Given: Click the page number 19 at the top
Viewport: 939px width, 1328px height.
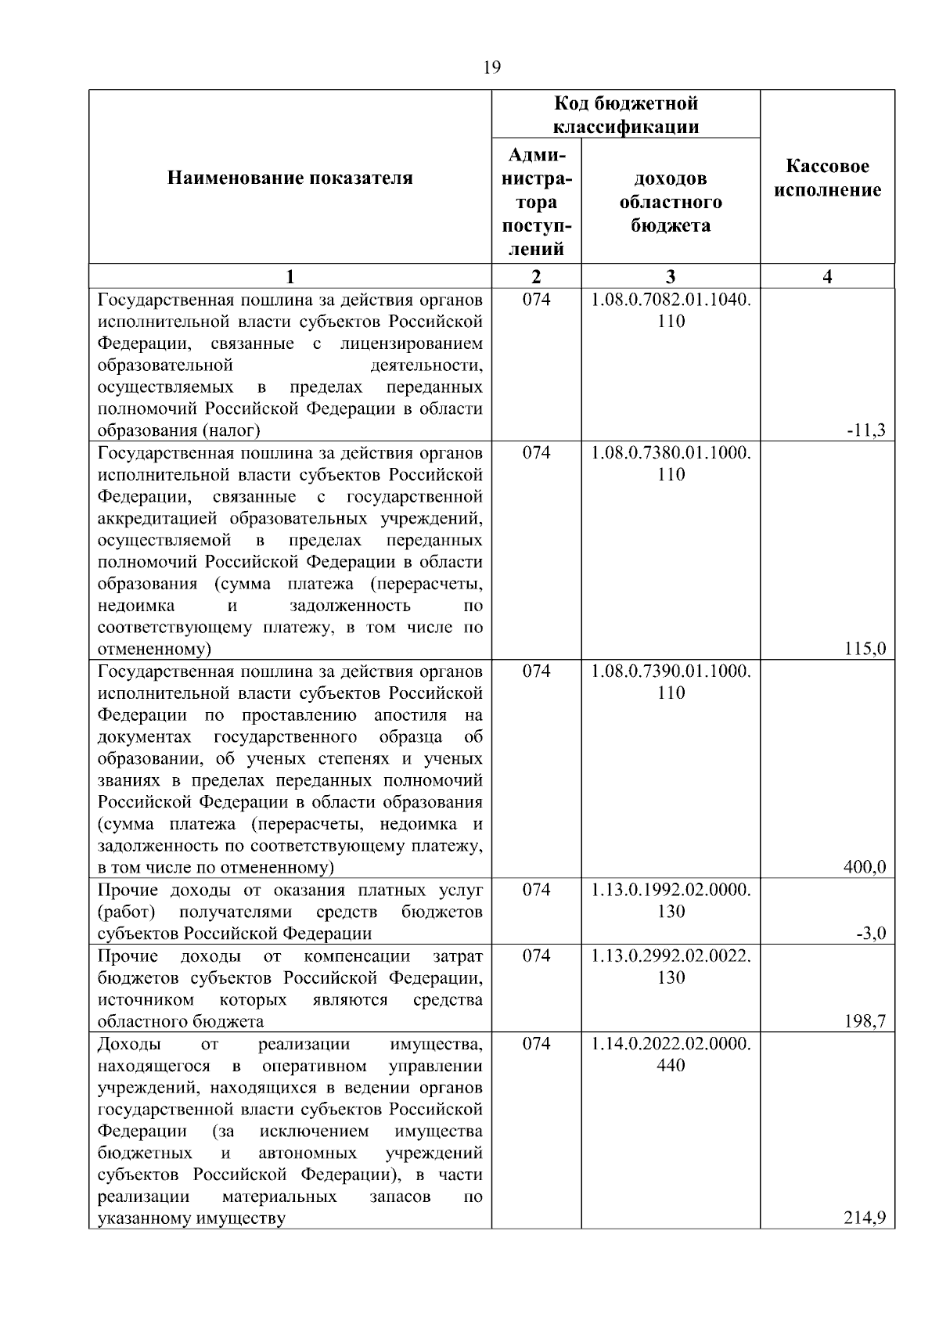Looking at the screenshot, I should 492,67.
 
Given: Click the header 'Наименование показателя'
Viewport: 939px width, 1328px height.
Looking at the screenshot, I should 290,178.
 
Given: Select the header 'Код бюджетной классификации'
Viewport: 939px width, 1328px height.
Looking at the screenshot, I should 626,115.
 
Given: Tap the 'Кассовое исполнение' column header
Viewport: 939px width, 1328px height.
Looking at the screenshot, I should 828,178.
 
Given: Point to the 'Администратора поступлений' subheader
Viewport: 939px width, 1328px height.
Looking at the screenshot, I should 536,202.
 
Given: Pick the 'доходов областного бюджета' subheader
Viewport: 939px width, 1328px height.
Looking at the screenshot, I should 671,202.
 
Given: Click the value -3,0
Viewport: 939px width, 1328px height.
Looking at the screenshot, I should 871,933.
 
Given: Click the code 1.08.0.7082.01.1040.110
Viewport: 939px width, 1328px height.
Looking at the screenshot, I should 671,310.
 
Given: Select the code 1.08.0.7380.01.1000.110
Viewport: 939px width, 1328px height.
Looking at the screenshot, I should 671,463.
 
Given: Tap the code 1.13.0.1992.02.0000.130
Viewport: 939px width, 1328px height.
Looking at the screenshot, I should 671,900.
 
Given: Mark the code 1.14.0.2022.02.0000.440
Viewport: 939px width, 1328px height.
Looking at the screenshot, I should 671,1053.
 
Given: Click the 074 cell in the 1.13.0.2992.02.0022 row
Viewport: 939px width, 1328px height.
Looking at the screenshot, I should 536,956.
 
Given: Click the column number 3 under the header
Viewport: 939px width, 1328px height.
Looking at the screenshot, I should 671,276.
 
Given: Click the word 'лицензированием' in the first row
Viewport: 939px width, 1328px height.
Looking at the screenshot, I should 412,344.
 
